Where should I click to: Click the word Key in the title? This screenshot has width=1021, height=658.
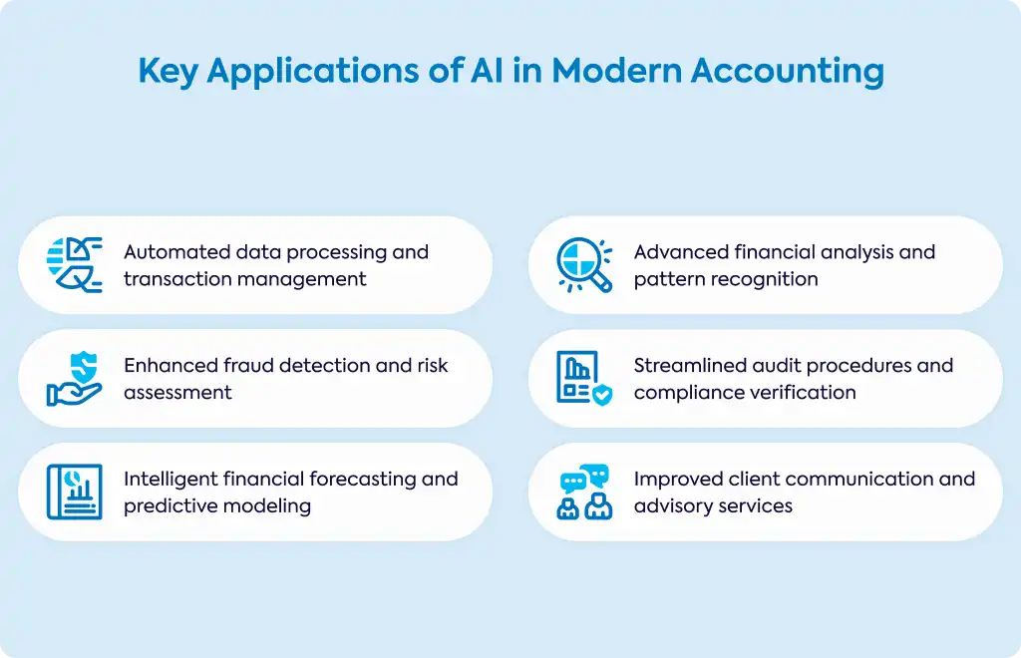168,72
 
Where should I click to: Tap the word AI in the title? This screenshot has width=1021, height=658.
487,70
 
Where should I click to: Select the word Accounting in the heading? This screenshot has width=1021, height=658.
788,72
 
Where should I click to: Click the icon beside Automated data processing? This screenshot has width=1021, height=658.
74,265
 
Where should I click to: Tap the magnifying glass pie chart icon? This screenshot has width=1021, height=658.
584,265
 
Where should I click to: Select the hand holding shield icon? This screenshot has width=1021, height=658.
74,378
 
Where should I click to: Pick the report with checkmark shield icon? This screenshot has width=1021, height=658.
584,378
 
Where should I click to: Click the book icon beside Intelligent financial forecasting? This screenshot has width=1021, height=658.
74,492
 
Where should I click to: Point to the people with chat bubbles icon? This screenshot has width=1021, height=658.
584,492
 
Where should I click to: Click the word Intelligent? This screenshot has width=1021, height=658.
170,479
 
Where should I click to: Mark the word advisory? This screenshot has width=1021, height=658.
670,505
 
